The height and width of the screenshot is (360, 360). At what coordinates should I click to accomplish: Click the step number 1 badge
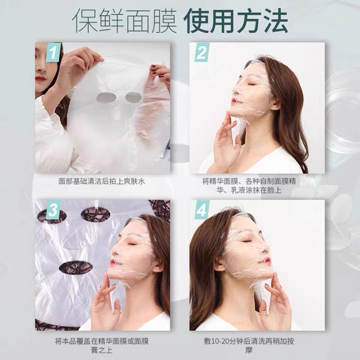[53, 53]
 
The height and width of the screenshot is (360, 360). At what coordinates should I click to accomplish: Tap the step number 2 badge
[201, 53]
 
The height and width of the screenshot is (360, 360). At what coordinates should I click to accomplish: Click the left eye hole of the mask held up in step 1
[106, 97]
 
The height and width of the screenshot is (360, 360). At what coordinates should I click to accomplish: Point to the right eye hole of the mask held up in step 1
[133, 97]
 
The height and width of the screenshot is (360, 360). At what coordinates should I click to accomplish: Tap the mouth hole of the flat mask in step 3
[76, 267]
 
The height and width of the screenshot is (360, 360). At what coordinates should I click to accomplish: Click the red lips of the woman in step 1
[40, 79]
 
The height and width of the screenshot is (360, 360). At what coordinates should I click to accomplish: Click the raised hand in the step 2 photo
[225, 142]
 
